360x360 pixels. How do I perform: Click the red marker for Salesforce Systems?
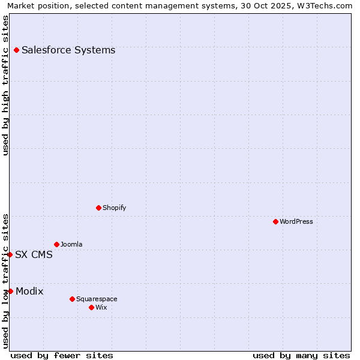tap(16, 50)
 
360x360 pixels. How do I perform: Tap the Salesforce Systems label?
tap(68, 50)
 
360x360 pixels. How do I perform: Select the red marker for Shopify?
tap(98, 208)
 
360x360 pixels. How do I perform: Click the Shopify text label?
tap(114, 208)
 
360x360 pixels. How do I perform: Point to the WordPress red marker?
tap(275, 221)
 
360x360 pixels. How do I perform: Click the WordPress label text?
tap(296, 221)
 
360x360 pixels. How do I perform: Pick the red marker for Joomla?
tap(56, 244)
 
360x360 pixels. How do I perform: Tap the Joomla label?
tap(71, 244)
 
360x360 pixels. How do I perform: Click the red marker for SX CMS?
tap(10, 254)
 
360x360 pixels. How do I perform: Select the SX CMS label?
tap(34, 254)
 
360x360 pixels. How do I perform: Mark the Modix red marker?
tap(10, 291)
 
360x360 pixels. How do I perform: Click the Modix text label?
tap(29, 291)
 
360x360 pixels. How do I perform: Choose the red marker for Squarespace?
tap(72, 299)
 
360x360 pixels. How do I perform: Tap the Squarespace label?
tap(97, 299)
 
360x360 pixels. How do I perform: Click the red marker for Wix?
tap(91, 307)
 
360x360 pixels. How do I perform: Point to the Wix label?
tap(101, 307)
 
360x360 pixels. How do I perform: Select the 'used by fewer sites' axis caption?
tap(62, 355)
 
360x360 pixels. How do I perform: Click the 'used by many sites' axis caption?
tap(301, 355)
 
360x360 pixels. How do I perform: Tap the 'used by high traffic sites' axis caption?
tap(5, 85)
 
